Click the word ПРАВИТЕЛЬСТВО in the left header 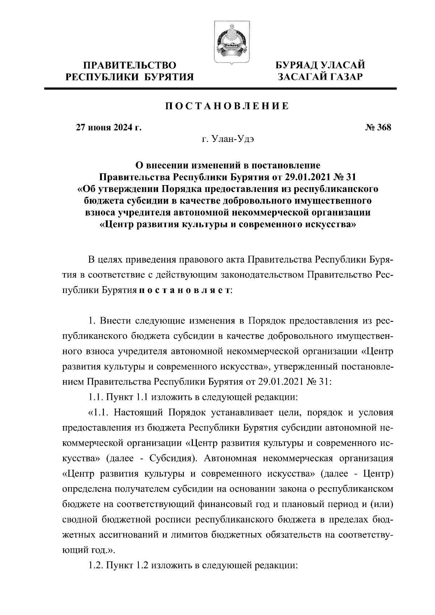tap(131, 66)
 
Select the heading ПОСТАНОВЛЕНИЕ tap(227, 106)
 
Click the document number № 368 tap(378, 127)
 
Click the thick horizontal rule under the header tap(221, 88)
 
